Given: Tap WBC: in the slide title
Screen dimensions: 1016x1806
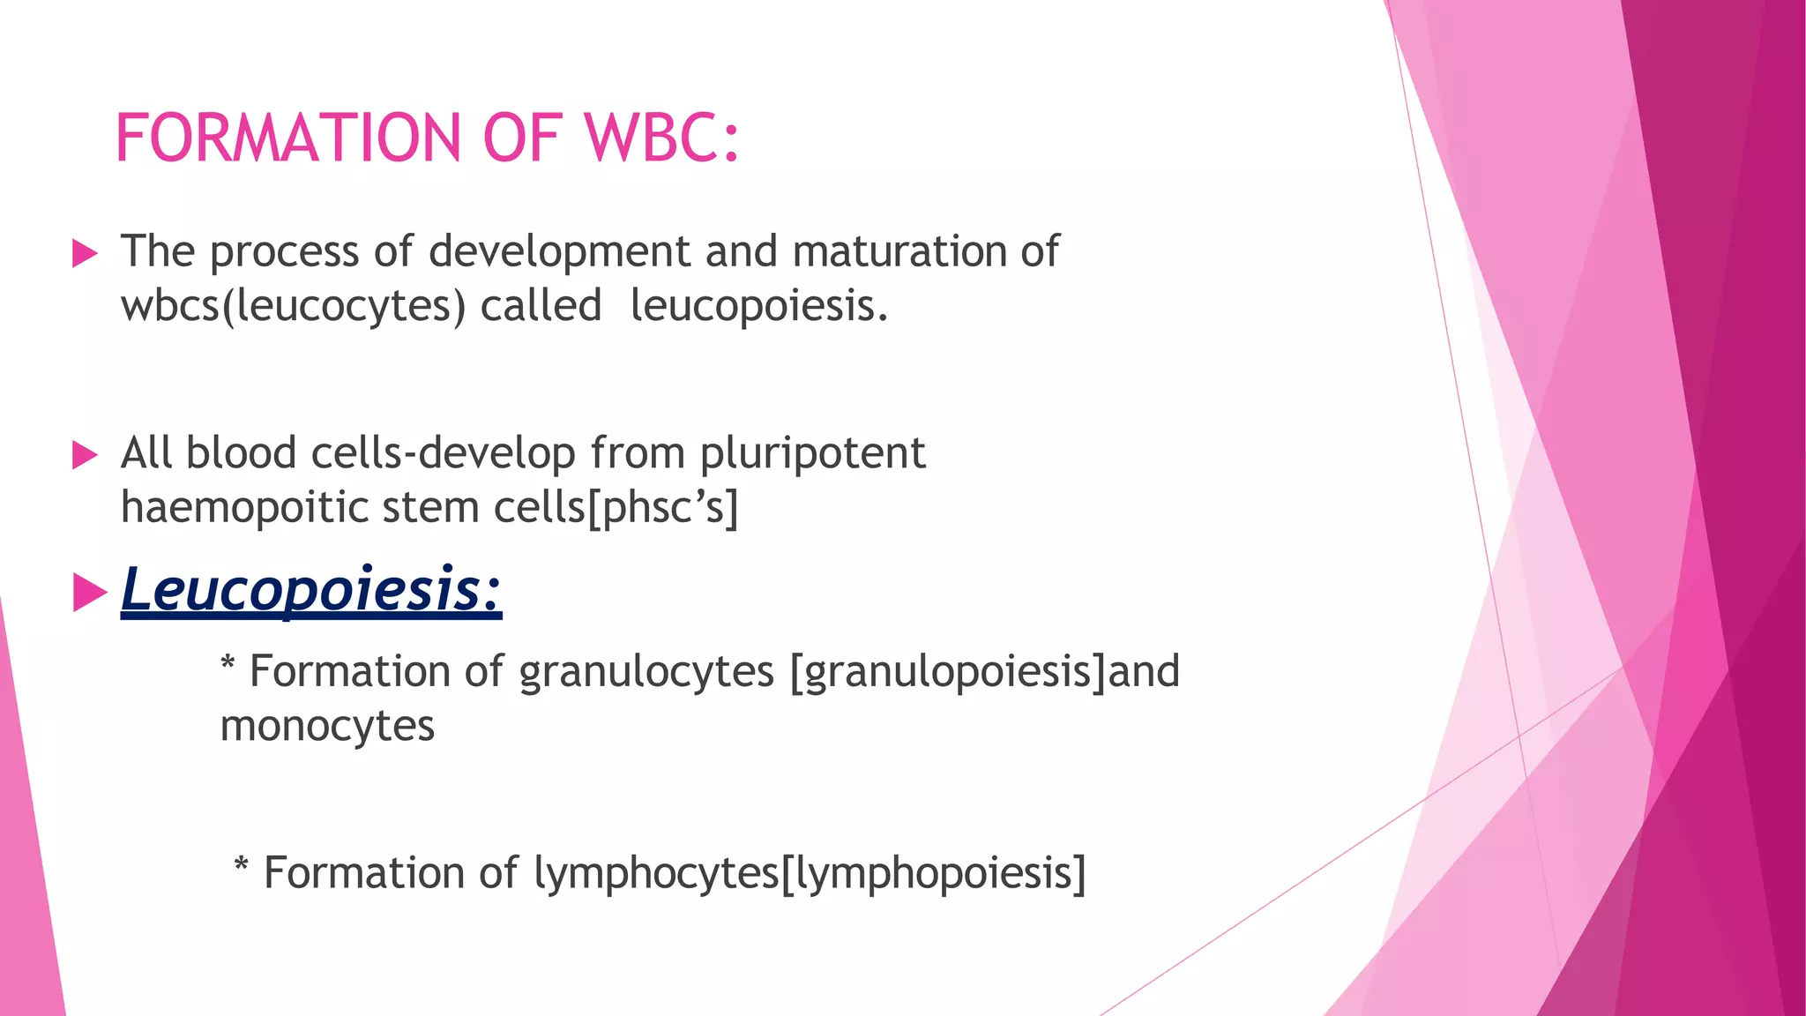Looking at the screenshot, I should [661, 138].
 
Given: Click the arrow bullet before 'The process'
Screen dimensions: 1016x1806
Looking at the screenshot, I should [84, 254].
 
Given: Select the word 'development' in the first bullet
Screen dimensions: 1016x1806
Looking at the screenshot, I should [558, 252].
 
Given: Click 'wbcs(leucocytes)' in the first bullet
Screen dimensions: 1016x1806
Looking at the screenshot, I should [293, 307].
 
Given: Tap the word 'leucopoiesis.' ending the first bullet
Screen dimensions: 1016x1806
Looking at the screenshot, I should [759, 306].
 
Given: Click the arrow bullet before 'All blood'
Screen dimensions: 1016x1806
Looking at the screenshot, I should [84, 455].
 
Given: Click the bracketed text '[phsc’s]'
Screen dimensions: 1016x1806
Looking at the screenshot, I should [662, 508].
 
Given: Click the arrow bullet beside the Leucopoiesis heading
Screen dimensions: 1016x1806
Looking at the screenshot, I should [88, 592].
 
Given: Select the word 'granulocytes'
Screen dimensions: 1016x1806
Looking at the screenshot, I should [646, 672].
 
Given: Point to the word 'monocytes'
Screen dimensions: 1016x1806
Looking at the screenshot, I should [327, 726].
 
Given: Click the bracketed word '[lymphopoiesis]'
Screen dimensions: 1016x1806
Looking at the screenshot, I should [933, 874].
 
